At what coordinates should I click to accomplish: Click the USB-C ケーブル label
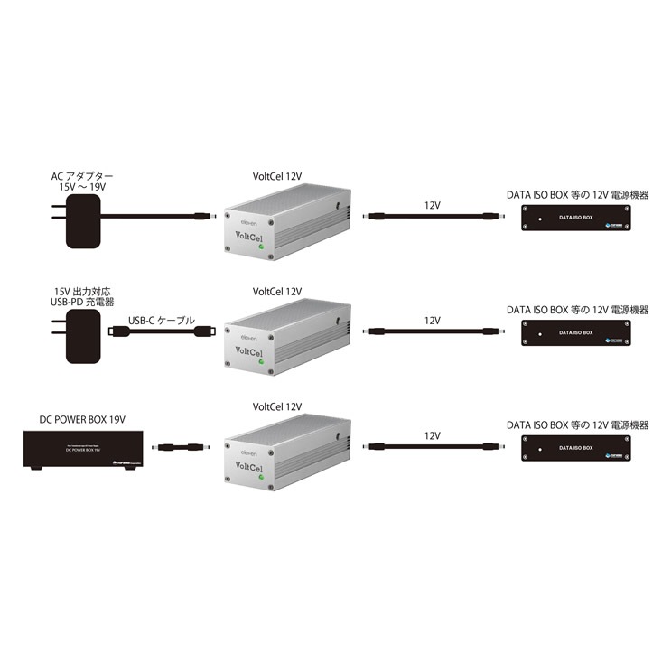click(163, 319)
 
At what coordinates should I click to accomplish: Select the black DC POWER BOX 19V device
click(79, 449)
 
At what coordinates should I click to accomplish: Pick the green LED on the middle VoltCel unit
click(262, 361)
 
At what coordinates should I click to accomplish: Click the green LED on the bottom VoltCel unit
click(262, 476)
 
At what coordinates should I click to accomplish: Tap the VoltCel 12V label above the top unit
click(277, 177)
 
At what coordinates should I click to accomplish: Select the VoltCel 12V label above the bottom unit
click(277, 407)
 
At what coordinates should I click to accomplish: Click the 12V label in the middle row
click(432, 321)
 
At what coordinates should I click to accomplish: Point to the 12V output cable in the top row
click(432, 217)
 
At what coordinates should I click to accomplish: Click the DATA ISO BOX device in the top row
click(575, 218)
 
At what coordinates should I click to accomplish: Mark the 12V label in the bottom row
click(432, 435)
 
